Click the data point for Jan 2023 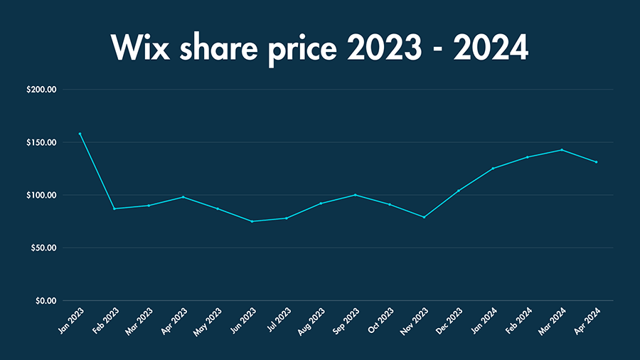(x=80, y=134)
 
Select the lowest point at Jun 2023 (x=252, y=221)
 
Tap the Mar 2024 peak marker (x=562, y=149)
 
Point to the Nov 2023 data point (x=424, y=217)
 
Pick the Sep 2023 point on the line (x=355, y=195)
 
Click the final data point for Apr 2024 (x=596, y=162)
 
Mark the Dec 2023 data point (x=459, y=191)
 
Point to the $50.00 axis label (x=44, y=248)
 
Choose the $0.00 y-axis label (x=46, y=300)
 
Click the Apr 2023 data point (x=183, y=197)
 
